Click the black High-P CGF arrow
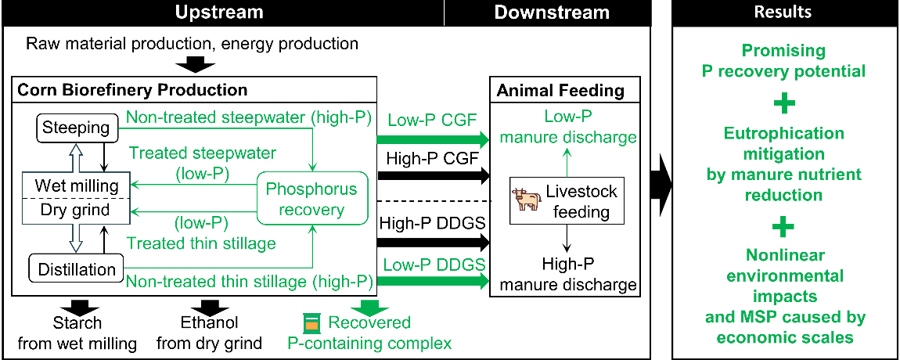click(431, 177)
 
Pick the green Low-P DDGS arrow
click(431, 280)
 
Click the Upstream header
click(218, 13)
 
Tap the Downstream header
click(552, 13)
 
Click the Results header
click(783, 13)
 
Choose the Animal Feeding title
click(560, 91)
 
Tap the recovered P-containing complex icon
click(311, 322)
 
